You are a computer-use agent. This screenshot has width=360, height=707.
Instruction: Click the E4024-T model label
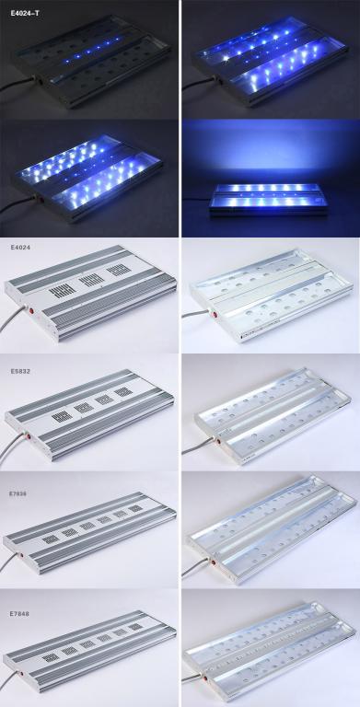click(x=25, y=13)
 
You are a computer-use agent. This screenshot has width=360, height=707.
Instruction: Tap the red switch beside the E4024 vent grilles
click(x=32, y=310)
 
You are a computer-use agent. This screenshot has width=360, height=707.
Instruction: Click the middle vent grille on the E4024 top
click(x=91, y=280)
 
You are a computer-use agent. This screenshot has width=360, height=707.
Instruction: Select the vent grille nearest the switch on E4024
click(x=63, y=290)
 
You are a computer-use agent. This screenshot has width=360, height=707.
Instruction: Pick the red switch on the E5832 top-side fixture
click(x=28, y=436)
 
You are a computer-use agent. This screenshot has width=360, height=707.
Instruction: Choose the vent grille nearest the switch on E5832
click(x=62, y=416)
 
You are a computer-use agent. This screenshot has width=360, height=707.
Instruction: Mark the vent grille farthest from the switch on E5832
click(x=123, y=391)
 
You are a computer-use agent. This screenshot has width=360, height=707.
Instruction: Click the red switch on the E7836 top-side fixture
click(x=19, y=553)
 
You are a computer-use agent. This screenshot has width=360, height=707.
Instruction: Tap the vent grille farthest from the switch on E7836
click(x=135, y=508)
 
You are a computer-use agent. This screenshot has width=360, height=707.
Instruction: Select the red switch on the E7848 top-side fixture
click(x=19, y=674)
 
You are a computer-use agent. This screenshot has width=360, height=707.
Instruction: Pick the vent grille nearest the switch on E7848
click(x=50, y=658)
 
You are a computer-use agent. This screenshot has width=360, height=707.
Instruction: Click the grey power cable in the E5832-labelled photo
click(x=11, y=444)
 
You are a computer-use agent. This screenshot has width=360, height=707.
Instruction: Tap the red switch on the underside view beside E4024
click(x=209, y=311)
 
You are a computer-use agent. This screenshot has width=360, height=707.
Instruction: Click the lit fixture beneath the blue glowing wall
click(x=270, y=199)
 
